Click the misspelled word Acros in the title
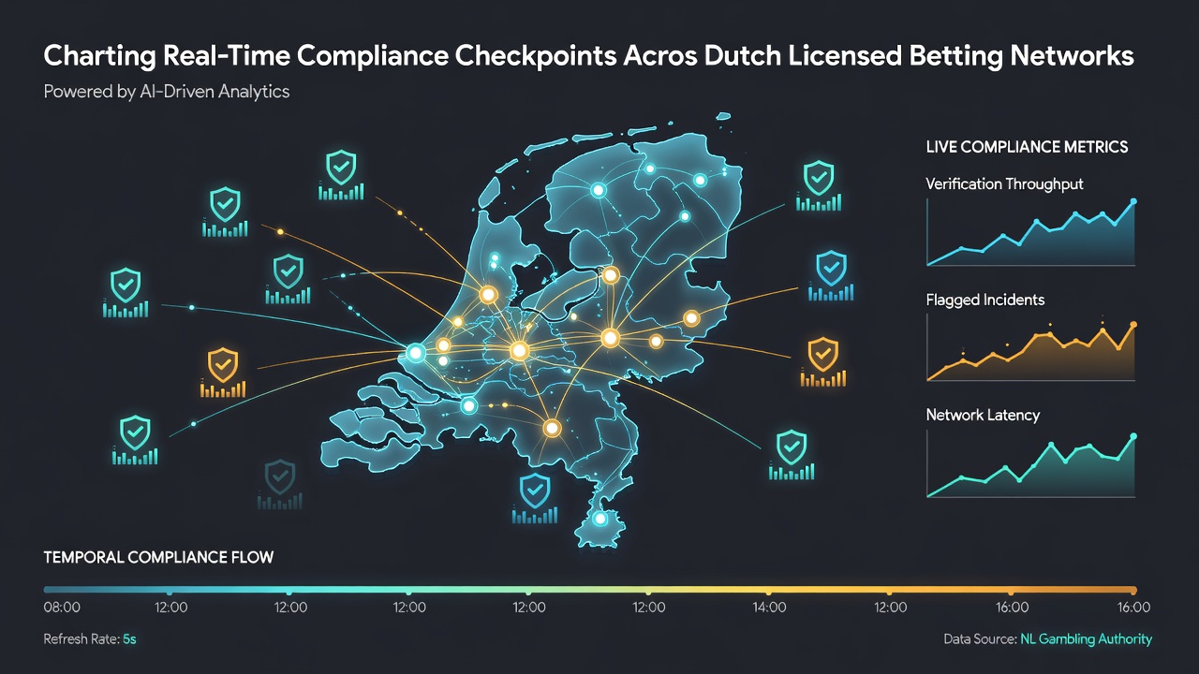(660, 56)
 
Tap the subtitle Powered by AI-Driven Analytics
(167, 92)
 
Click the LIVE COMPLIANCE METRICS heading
(1027, 147)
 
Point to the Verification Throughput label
(1004, 184)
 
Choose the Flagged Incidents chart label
(984, 300)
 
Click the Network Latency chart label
(983, 415)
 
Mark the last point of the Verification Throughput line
(1133, 201)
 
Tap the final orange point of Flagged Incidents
(1133, 325)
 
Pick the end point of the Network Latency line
(1133, 436)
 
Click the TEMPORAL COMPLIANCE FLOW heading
(158, 557)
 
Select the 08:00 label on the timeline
(62, 608)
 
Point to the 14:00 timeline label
(769, 608)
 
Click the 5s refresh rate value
(129, 639)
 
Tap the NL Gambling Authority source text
(1086, 639)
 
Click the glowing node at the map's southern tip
(600, 519)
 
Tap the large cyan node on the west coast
(415, 353)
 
